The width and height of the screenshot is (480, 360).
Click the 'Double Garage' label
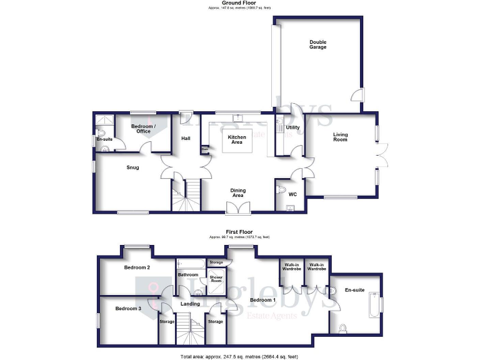point(318,44)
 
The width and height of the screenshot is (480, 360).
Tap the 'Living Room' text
point(340,137)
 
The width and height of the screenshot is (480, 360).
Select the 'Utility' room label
point(292,127)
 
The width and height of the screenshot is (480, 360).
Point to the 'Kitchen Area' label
point(236,139)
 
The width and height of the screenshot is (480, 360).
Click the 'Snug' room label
point(132,167)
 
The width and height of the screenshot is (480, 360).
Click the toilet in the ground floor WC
point(281,189)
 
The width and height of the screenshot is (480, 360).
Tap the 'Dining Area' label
point(237,193)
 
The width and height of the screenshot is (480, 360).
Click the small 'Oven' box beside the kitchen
point(204,149)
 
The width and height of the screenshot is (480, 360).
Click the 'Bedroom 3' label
point(127,309)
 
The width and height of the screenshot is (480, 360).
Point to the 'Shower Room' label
point(216,279)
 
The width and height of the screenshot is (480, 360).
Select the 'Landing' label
point(190,304)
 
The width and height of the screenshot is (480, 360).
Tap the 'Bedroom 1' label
point(263,300)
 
